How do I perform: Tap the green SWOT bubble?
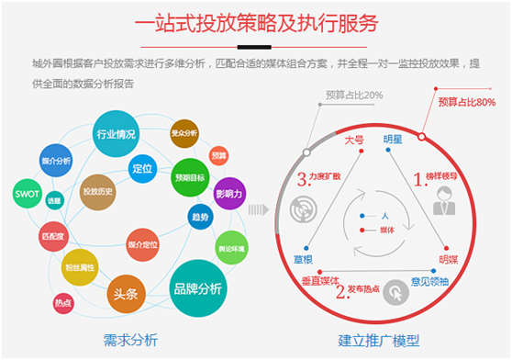[26, 194]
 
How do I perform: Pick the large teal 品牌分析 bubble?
[197, 287]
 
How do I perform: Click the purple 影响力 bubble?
[229, 195]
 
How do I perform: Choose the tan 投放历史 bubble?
[96, 191]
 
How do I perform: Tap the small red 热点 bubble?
[63, 301]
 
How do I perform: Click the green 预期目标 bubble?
[190, 172]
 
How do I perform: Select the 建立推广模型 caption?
[379, 340]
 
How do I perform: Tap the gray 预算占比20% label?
[353, 95]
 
